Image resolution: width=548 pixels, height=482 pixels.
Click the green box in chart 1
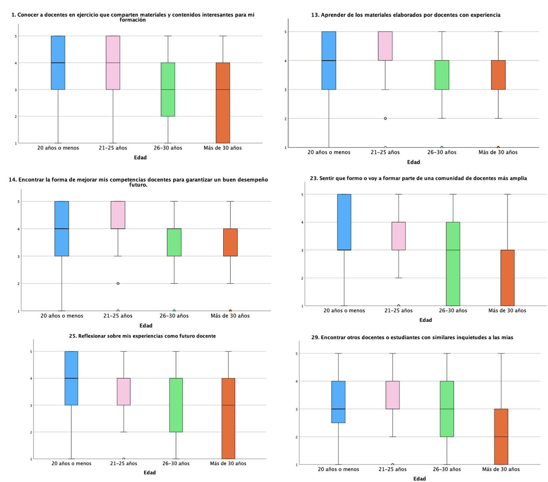click(168, 90)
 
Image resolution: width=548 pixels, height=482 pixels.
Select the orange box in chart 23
click(507, 278)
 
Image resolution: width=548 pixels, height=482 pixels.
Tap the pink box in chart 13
click(385, 46)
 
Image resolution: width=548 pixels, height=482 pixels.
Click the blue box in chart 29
click(338, 402)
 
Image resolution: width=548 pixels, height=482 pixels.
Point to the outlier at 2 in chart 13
click(385, 118)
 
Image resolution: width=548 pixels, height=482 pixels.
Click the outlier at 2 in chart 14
click(118, 283)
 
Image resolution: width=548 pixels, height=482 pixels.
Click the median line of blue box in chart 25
click(71, 378)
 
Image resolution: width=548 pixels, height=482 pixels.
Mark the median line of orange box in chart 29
click(501, 437)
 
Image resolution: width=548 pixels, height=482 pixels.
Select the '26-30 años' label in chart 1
click(168, 148)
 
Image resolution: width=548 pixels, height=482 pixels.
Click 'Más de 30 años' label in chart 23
click(507, 310)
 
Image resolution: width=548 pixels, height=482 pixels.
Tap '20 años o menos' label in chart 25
click(71, 463)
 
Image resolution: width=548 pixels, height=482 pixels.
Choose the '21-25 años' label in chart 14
click(118, 316)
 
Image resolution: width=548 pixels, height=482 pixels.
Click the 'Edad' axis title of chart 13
click(413, 162)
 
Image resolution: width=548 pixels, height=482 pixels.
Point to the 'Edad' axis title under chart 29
click(420, 479)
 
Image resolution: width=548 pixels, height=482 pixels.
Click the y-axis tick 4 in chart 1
click(16, 63)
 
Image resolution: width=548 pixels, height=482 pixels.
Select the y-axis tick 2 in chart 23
click(302, 278)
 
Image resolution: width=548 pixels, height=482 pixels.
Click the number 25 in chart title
click(72, 336)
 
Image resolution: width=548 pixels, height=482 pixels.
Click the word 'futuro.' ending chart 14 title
click(138, 185)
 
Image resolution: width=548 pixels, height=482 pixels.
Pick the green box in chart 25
click(176, 405)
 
